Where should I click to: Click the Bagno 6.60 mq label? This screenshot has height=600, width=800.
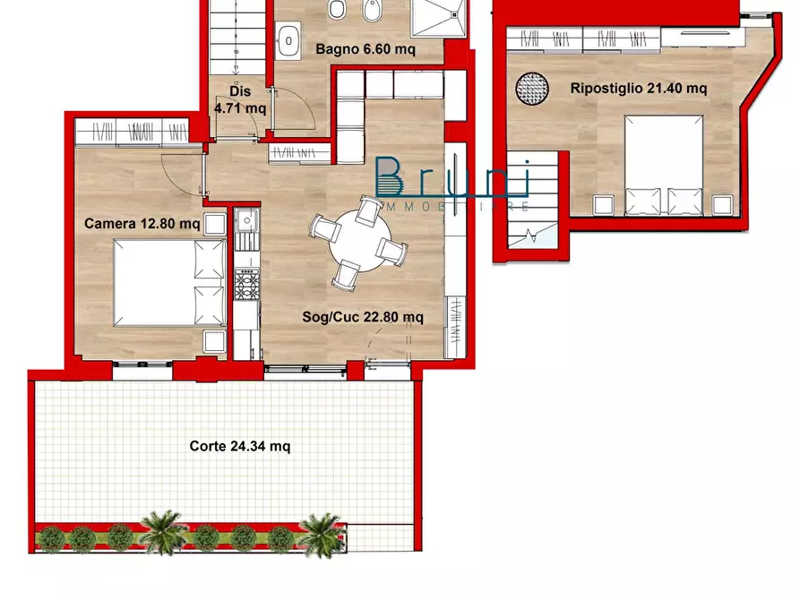click(365, 50)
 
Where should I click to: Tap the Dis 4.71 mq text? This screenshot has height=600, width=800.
click(239, 99)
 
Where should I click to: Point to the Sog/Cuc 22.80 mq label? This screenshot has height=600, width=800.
click(362, 316)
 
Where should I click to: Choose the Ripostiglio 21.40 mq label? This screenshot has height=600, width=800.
click(639, 88)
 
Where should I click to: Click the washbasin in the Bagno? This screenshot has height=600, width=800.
click(289, 39)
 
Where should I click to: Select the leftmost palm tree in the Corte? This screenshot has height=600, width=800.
click(164, 533)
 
